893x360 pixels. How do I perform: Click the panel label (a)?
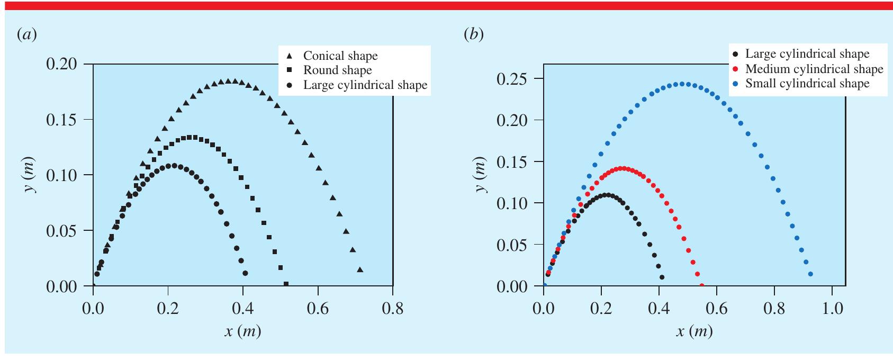point(26,35)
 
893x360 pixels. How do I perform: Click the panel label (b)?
point(474,35)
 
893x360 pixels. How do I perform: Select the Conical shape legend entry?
point(340,56)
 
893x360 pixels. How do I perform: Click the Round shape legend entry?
point(337,70)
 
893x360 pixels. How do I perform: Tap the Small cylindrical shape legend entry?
point(807,84)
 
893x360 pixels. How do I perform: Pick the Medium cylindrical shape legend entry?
point(814,69)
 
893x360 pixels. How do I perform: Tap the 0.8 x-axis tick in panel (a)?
point(392,308)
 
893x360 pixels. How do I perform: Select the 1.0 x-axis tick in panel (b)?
point(832,308)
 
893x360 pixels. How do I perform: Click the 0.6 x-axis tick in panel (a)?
point(318,308)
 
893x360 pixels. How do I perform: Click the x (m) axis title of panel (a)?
point(242,331)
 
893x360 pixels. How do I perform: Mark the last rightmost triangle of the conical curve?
point(360,270)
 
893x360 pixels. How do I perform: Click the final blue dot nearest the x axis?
point(810,274)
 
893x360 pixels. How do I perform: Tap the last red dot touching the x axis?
point(702,286)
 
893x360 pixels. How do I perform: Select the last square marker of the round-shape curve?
point(286,284)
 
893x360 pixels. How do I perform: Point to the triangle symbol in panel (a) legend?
point(289,56)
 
